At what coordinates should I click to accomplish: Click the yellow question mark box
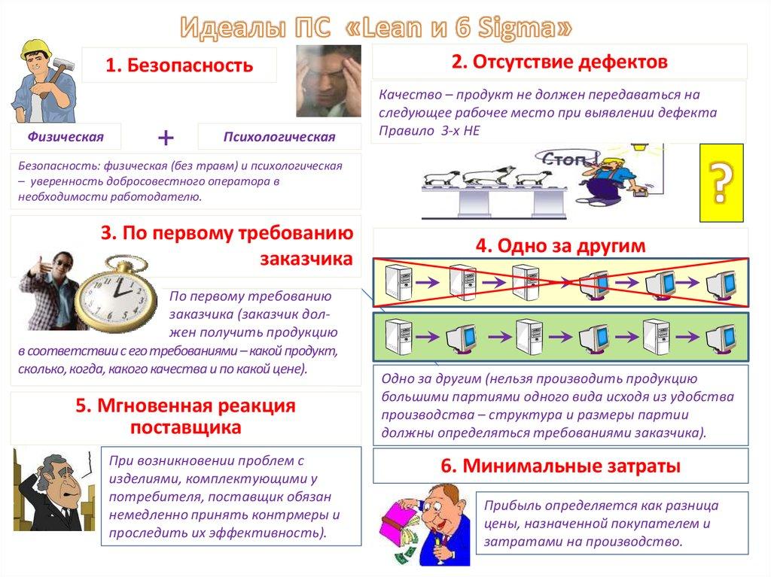721,184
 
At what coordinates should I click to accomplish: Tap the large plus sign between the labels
166,137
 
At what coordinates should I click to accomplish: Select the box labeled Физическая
66,136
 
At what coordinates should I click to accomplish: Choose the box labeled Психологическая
279,137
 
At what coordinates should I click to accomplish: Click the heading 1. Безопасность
179,65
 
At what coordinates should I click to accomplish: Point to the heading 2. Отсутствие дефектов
559,62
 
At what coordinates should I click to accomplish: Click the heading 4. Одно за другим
560,245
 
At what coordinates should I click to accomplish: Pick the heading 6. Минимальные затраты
560,466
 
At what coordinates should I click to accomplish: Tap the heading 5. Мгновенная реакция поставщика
185,416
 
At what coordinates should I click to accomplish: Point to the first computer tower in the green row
396,335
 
